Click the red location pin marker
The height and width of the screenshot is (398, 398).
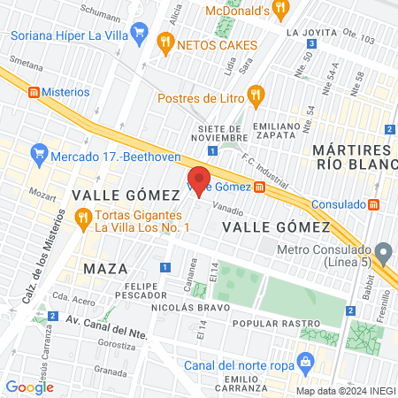[199, 181]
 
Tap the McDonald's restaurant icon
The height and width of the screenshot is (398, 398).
[281, 10]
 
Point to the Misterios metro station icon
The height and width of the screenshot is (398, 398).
[34, 92]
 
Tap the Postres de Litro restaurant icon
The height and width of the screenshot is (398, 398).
[256, 94]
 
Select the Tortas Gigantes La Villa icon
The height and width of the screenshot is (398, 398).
[82, 217]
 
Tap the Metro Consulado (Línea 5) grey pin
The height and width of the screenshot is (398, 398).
[383, 254]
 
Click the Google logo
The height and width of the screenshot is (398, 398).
[29, 387]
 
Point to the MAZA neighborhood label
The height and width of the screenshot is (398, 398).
[105, 267]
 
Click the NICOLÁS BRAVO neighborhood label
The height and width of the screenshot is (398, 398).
[189, 307]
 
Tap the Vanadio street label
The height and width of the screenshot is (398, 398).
[228, 210]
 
